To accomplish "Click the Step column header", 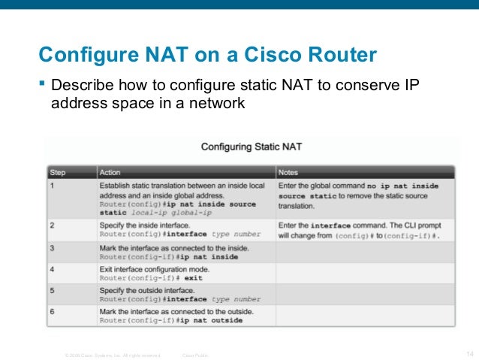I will [58, 172].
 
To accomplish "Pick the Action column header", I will [110, 172].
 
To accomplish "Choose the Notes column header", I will [288, 172].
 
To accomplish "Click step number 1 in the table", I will [52, 185].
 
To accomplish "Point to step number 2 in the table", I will [52, 224].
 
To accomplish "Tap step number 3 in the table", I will [52, 247].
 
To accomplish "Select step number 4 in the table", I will [52, 268].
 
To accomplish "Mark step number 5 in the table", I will [52, 289].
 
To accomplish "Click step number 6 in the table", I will [52, 310].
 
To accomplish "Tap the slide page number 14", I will [470, 354].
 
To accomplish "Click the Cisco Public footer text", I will [196, 355].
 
